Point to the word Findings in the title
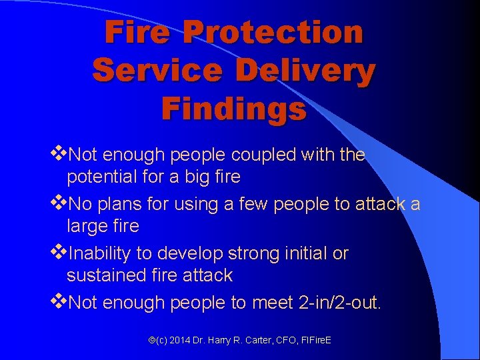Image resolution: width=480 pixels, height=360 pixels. (234, 108)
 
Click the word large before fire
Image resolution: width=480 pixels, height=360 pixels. (86, 227)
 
